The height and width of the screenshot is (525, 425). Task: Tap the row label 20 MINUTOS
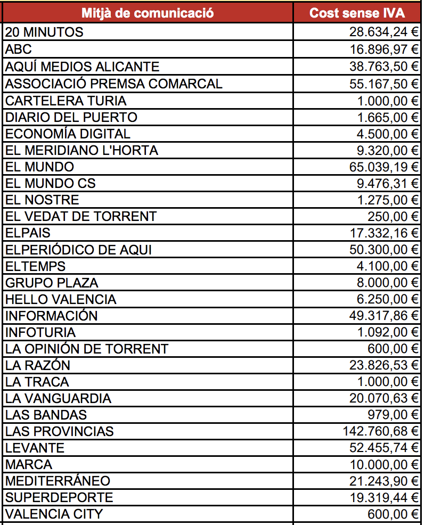click(44, 32)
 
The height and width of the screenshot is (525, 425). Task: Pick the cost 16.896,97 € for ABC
click(384, 50)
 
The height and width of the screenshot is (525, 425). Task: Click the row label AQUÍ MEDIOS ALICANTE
click(82, 67)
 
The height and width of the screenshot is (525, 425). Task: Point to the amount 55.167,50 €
click(384, 84)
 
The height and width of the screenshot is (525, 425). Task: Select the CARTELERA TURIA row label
click(66, 101)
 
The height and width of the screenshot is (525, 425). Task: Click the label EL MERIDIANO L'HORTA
click(81, 150)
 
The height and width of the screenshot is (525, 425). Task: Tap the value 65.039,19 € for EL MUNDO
click(384, 167)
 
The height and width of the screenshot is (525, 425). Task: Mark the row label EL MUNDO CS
click(51, 183)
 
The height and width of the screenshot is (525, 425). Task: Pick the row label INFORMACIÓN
click(52, 316)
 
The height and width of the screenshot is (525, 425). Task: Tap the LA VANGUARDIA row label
click(58, 398)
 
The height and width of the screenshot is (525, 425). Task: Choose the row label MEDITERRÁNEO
click(58, 481)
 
